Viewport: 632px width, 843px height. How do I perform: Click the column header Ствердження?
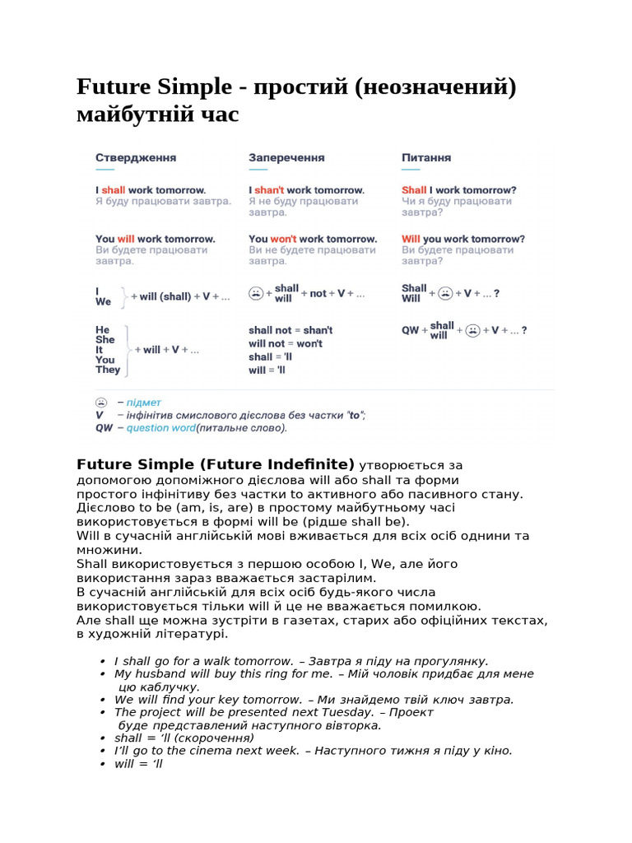(136, 157)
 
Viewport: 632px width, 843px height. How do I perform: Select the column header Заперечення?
(286, 157)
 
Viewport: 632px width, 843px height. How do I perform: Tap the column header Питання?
(426, 157)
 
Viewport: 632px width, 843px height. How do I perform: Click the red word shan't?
(269, 190)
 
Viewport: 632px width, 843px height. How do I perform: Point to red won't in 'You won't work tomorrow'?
(284, 239)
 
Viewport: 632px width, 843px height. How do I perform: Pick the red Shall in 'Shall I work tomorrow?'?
(414, 190)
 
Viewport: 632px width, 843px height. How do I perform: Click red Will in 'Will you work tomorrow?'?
(411, 239)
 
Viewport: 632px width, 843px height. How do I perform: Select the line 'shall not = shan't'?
(290, 330)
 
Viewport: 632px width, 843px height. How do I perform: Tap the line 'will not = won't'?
(286, 343)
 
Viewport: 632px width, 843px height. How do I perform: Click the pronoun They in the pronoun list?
(108, 370)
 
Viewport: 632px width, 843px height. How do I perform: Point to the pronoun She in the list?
(105, 339)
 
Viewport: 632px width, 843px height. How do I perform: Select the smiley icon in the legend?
(100, 403)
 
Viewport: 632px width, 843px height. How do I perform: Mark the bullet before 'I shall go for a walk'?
(101, 661)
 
